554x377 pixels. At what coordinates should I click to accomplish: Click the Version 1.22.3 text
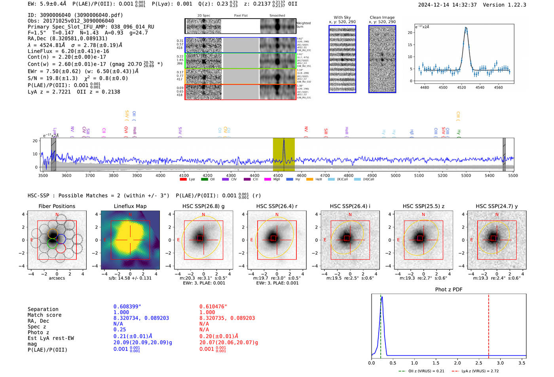click(x=505, y=5)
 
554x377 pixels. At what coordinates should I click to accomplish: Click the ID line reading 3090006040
click(x=75, y=15)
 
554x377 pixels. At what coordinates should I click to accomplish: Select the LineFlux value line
click(x=68, y=51)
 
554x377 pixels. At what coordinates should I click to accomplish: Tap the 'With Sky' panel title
click(x=342, y=17)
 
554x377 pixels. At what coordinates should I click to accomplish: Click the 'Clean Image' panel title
click(x=382, y=17)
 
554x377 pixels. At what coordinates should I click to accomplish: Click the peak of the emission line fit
click(x=466, y=28)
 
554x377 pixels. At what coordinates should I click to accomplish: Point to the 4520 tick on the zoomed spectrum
click(x=461, y=87)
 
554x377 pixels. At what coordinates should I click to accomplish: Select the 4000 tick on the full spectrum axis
click(x=160, y=175)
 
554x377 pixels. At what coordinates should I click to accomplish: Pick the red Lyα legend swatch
click(x=183, y=179)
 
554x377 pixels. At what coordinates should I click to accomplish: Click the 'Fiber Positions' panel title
click(x=57, y=206)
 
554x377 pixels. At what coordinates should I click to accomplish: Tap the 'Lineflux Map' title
click(x=130, y=206)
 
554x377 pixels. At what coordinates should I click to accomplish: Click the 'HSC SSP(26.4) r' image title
click(x=277, y=206)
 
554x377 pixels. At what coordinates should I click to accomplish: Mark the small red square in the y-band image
click(x=493, y=238)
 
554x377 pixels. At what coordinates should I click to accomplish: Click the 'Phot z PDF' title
click(x=448, y=290)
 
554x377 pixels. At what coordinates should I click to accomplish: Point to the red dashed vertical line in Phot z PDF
click(x=488, y=324)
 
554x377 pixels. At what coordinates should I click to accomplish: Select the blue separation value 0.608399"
click(x=127, y=307)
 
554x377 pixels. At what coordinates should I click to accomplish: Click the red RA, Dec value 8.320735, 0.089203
click(x=227, y=318)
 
